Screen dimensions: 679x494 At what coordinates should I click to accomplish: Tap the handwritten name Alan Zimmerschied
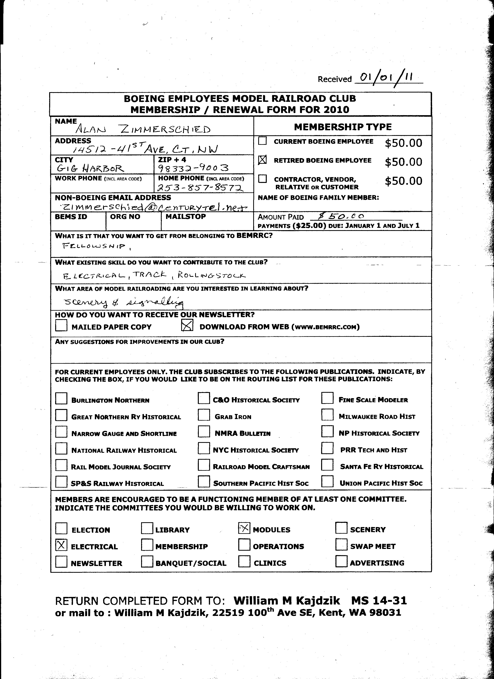click(x=143, y=129)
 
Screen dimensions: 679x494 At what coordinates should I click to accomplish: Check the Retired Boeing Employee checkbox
click(x=262, y=160)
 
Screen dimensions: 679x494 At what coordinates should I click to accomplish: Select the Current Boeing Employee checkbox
click(x=262, y=141)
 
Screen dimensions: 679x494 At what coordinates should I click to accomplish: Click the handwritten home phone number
click(x=200, y=188)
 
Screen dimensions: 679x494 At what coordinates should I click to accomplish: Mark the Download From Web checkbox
click(x=187, y=325)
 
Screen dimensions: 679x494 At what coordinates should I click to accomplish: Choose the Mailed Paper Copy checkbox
click(x=61, y=325)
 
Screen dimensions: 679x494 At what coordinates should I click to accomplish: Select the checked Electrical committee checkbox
click(x=61, y=545)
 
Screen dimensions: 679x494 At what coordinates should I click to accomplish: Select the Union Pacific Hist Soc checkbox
click(x=327, y=482)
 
